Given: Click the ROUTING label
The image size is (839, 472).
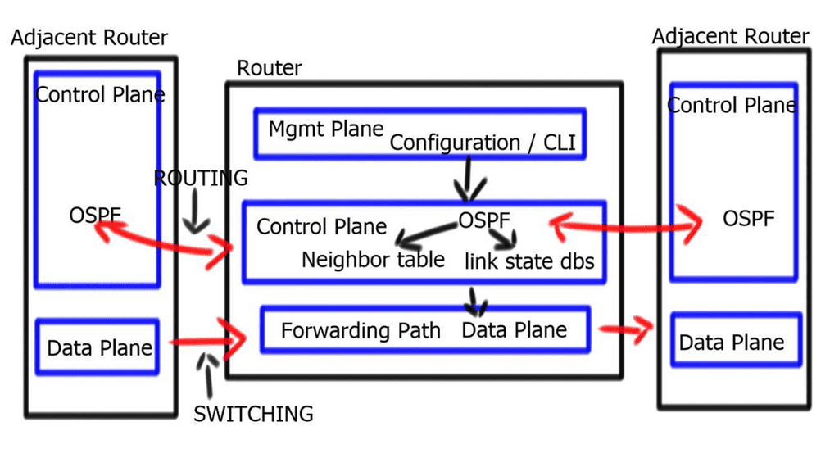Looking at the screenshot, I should pyautogui.click(x=201, y=178).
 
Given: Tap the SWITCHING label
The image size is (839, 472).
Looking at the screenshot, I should pyautogui.click(x=253, y=414).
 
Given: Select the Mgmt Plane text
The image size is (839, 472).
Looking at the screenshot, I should pyautogui.click(x=326, y=129).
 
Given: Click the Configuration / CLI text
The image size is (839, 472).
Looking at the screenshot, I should pyautogui.click(x=483, y=143).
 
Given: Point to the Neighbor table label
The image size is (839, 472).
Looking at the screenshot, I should pyautogui.click(x=373, y=260).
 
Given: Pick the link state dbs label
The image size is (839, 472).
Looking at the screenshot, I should pyautogui.click(x=529, y=262).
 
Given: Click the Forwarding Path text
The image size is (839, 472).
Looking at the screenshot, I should pyautogui.click(x=361, y=331).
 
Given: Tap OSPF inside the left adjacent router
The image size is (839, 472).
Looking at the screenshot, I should pyautogui.click(x=96, y=216).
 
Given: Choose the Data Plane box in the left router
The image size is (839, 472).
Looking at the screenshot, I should pyautogui.click(x=98, y=347).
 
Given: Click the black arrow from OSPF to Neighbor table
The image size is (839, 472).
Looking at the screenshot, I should pyautogui.click(x=422, y=235).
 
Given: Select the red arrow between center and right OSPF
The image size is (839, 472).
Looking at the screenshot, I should pyautogui.click(x=627, y=222).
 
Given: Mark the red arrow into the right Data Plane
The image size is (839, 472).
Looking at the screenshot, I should pyautogui.click(x=627, y=329).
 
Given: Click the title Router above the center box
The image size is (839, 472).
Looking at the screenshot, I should pyautogui.click(x=269, y=68).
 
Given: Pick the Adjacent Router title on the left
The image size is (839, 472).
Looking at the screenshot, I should pyautogui.click(x=89, y=38).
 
